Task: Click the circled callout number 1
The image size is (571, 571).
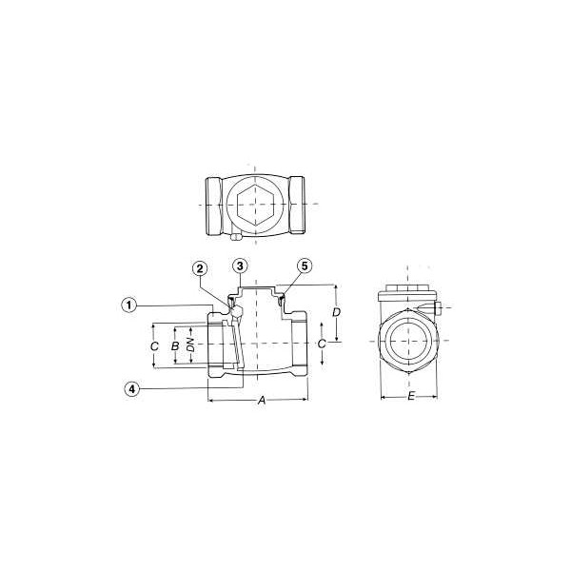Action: coord(128,305)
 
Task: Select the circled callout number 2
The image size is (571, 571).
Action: coord(200,269)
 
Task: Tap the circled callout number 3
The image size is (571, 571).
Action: coord(240,266)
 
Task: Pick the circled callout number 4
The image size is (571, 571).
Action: coord(132,389)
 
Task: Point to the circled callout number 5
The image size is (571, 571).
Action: coord(305,266)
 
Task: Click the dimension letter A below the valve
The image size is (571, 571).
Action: coord(262,401)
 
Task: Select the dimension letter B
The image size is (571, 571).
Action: coord(175,345)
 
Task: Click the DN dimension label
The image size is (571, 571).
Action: coord(190,345)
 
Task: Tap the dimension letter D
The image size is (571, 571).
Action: coord(337,312)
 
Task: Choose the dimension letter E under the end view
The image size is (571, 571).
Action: coord(411,396)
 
